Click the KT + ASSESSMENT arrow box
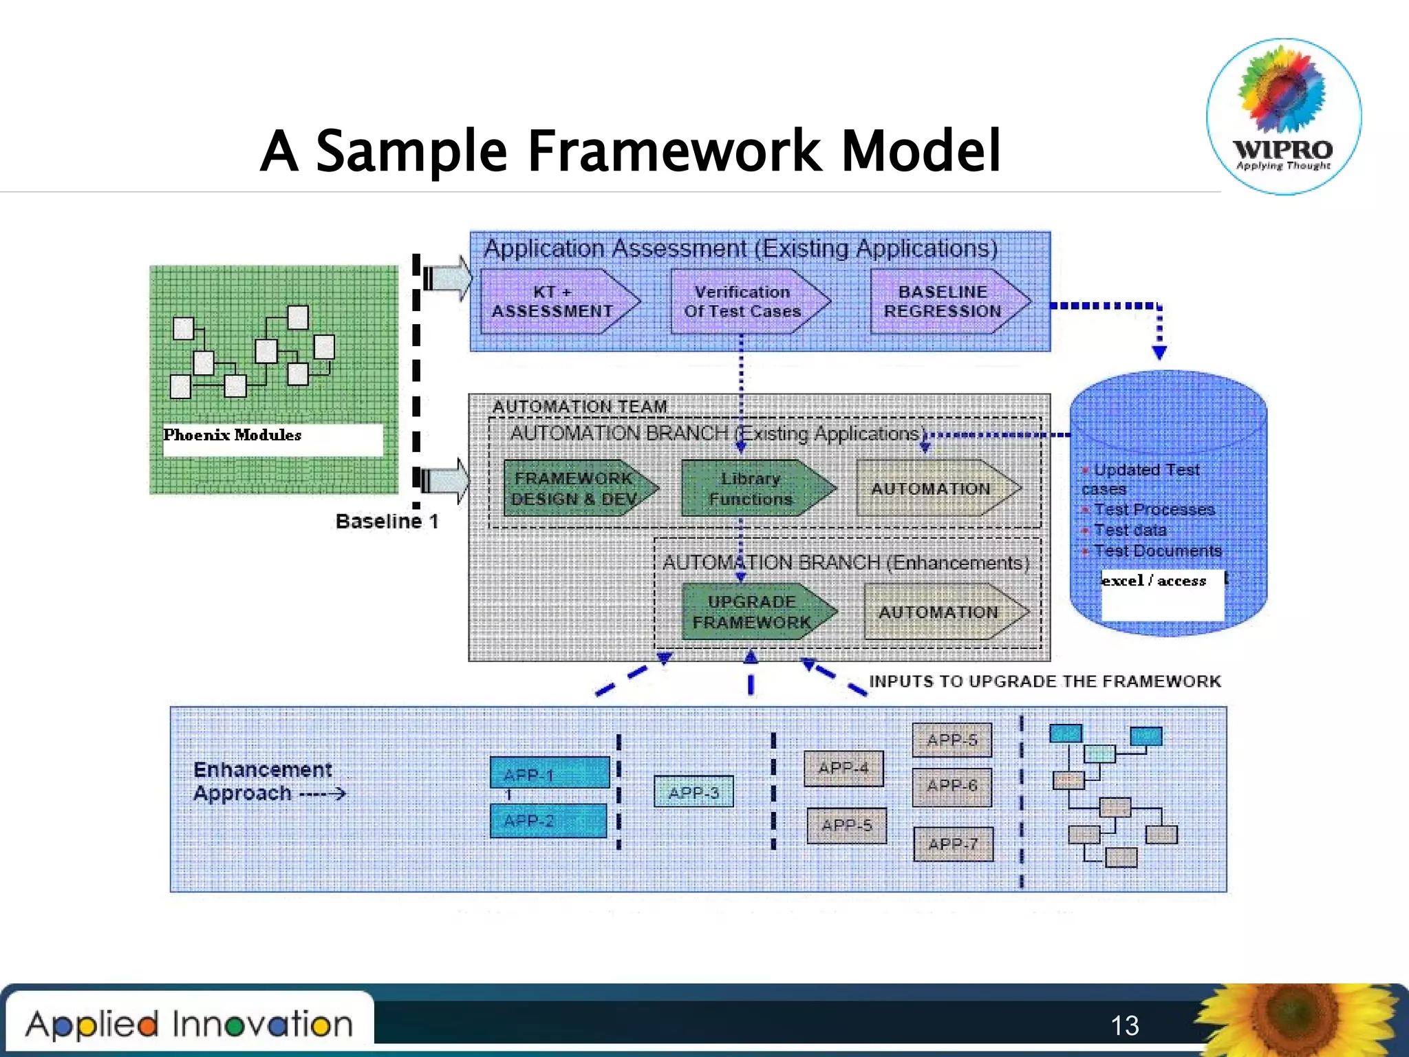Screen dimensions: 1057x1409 [554, 301]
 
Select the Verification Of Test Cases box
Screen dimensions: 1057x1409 [743, 301]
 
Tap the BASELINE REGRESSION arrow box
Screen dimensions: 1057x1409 [943, 301]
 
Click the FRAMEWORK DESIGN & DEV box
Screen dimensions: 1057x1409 [574, 488]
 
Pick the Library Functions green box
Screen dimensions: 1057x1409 [751, 488]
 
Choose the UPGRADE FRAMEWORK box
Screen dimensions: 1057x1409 [751, 611]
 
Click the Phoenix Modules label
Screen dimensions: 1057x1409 [233, 435]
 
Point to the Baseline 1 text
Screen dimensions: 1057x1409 [387, 521]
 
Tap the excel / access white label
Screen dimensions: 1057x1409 [1154, 581]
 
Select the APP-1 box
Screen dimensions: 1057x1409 [549, 773]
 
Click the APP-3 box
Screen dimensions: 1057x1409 [693, 792]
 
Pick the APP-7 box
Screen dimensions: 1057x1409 [953, 844]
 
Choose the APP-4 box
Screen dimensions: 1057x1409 [843, 767]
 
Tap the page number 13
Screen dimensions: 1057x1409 [1125, 1025]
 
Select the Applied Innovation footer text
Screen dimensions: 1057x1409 [189, 1024]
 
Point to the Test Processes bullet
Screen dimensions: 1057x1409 [1154, 509]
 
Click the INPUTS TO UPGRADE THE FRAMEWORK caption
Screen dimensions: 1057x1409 [1044, 681]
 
